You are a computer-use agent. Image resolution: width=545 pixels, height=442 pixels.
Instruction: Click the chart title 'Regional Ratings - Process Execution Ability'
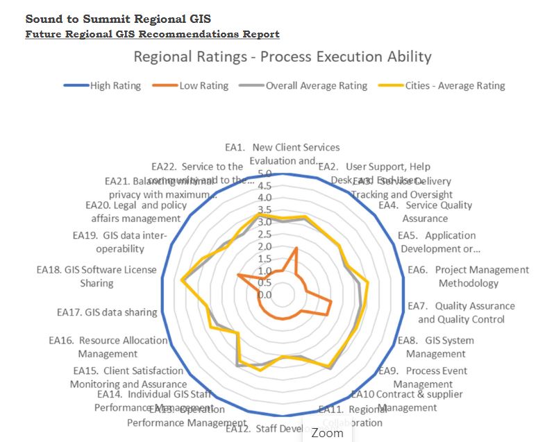(x=282, y=57)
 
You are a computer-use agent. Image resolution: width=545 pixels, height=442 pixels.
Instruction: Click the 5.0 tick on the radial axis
(x=264, y=173)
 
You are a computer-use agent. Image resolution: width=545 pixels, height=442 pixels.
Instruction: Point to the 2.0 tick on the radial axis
(x=264, y=246)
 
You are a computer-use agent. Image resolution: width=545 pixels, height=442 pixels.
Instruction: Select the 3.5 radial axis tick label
(x=264, y=210)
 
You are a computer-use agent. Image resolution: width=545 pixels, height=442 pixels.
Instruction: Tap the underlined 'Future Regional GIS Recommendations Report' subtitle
(x=152, y=33)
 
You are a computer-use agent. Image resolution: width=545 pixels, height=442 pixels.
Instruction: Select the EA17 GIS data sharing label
(x=107, y=312)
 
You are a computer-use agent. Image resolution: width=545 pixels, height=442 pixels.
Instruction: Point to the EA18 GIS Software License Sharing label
(x=97, y=276)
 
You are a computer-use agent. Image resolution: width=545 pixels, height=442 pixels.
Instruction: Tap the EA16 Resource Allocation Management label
(x=108, y=347)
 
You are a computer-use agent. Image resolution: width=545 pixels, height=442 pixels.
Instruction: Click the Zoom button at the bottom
(x=327, y=432)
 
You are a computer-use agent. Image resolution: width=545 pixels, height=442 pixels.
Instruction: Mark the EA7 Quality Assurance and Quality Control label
(x=461, y=312)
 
